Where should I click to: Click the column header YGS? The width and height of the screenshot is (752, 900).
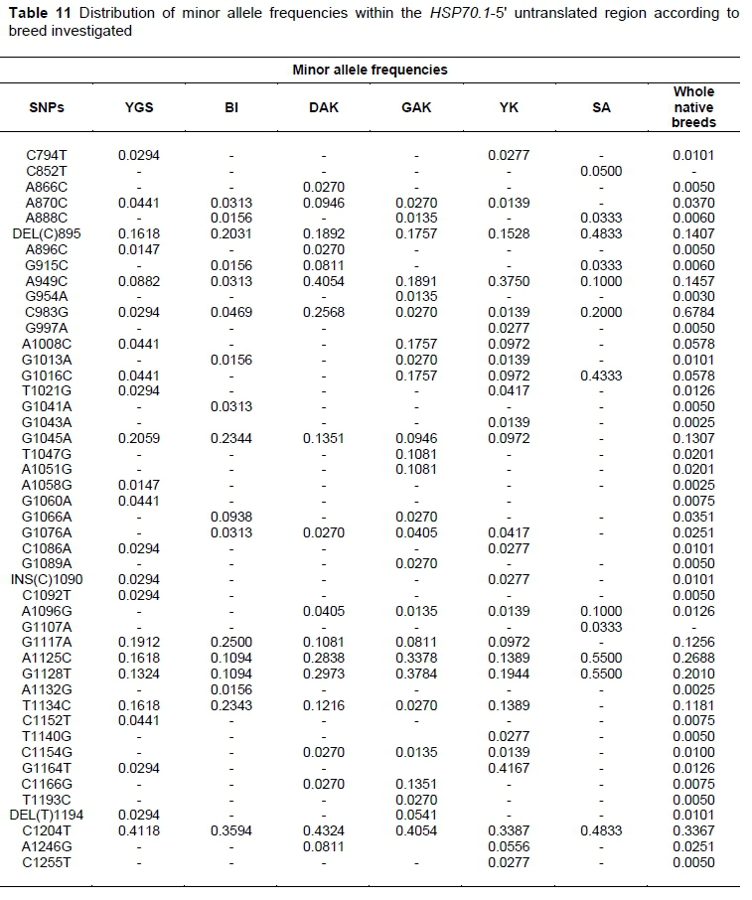(x=138, y=107)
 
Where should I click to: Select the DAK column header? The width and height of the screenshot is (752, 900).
(x=324, y=107)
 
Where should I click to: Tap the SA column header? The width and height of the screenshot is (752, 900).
(x=601, y=107)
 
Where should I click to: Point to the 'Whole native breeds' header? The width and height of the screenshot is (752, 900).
(x=693, y=107)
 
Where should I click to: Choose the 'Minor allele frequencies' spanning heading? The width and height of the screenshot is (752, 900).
(x=370, y=70)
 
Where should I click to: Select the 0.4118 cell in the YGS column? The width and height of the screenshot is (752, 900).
(x=138, y=830)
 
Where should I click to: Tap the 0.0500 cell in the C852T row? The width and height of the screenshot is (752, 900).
(x=601, y=171)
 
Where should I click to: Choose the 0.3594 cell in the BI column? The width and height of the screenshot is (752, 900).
(x=230, y=830)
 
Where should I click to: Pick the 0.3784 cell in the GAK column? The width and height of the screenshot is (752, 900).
(x=416, y=674)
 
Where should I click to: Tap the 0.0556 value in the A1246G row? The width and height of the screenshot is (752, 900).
(x=508, y=846)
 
